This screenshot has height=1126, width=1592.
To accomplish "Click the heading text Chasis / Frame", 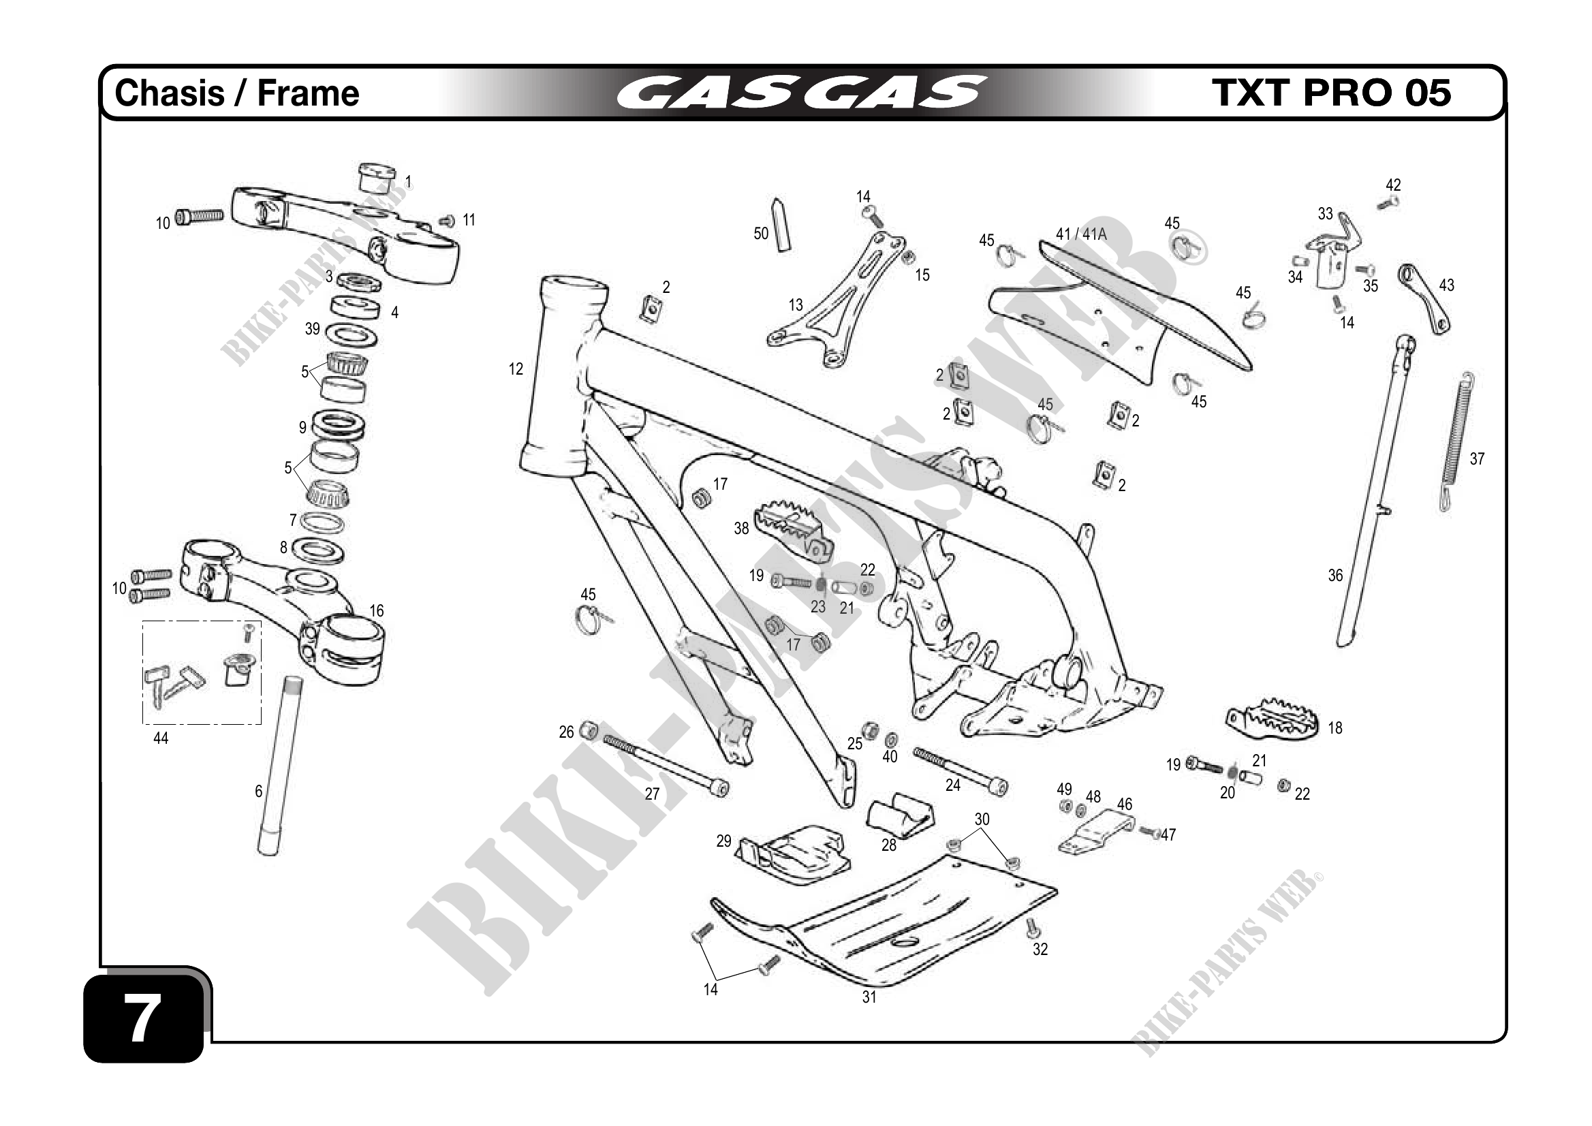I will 237,93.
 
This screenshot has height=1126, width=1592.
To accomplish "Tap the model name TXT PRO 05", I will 1331,93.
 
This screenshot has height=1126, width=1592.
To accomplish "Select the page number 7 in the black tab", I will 143,1018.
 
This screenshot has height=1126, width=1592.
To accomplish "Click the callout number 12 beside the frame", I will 516,370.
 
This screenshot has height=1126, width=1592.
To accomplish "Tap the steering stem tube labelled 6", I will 281,766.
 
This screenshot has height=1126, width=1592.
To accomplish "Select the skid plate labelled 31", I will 894,929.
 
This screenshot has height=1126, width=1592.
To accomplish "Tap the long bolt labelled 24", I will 961,770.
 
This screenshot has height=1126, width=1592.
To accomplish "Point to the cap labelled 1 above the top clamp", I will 377,178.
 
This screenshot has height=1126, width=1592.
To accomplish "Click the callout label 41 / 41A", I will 1081,234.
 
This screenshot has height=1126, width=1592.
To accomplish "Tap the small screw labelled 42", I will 1388,203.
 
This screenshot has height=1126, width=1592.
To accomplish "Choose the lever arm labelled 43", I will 1424,298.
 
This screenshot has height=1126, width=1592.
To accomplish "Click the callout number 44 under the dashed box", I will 160,739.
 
